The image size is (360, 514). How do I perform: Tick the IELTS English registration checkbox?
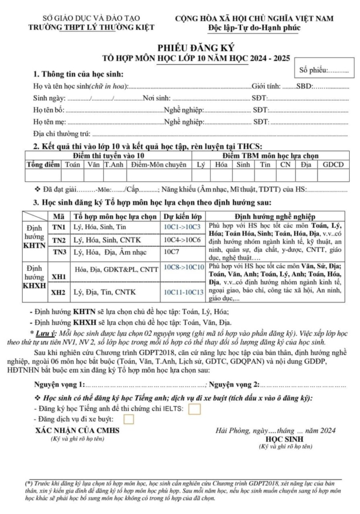click(x=194, y=409)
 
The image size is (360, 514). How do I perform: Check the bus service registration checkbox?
click(x=129, y=420)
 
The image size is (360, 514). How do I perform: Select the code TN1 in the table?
click(x=59, y=227)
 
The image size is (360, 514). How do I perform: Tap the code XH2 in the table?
click(x=59, y=292)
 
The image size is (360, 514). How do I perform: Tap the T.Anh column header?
click(x=114, y=165)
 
